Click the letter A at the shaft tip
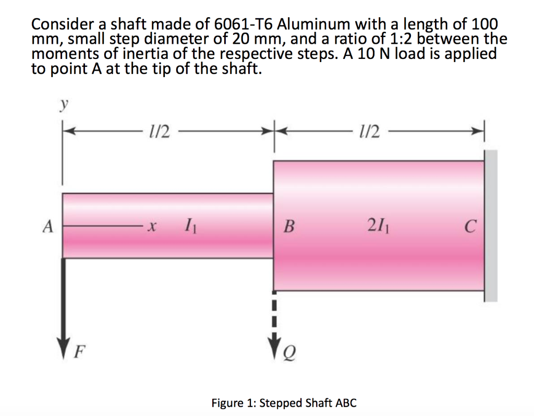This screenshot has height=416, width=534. pyautogui.click(x=48, y=227)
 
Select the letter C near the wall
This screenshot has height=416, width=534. pyautogui.click(x=470, y=227)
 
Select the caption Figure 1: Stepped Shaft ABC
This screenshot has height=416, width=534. pyautogui.click(x=284, y=403)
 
